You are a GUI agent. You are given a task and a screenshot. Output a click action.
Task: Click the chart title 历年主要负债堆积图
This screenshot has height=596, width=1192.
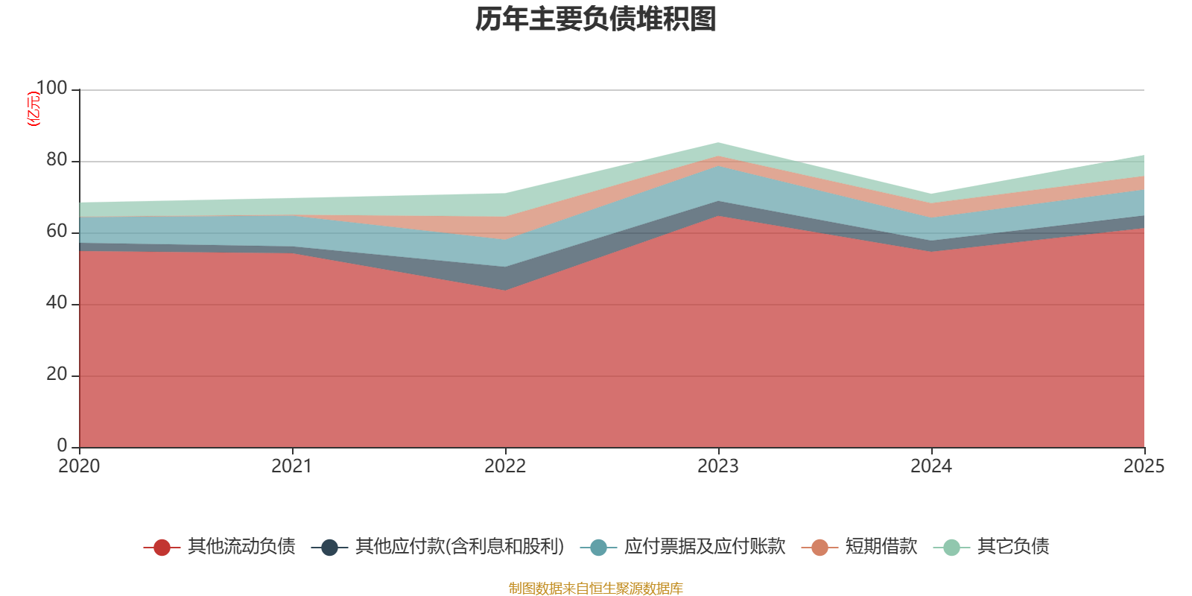595,19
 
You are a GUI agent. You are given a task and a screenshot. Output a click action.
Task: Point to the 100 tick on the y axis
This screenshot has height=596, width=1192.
51,89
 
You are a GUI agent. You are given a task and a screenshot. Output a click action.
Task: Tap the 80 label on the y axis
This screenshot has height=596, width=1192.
57,160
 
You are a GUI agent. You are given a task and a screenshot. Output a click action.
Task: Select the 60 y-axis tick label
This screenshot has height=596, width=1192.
57,232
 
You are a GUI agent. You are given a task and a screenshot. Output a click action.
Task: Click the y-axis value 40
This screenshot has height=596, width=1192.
57,303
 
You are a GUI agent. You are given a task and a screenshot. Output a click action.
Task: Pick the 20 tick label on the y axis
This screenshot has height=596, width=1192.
57,375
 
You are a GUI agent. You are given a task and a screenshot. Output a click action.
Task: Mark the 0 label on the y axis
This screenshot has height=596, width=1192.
63,446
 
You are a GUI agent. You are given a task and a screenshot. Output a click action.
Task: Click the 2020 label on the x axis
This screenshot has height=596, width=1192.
79,466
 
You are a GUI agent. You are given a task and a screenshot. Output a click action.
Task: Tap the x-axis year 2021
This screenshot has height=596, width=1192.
292,466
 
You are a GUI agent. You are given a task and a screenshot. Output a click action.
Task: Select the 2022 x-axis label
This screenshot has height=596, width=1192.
505,466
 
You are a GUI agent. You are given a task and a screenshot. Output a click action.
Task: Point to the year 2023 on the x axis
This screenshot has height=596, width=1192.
718,466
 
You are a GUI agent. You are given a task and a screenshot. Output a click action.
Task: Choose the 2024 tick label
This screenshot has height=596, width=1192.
931,466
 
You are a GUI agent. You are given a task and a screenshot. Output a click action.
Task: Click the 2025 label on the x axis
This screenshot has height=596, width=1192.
1144,466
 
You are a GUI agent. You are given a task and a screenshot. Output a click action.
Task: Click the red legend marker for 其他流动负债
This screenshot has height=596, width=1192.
162,548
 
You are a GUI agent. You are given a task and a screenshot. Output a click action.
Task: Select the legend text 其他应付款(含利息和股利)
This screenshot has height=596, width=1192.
460,547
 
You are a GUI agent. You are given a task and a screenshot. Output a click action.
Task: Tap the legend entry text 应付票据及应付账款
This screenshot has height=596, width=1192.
705,547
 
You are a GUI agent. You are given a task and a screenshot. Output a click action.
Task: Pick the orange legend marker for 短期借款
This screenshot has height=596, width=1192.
819,548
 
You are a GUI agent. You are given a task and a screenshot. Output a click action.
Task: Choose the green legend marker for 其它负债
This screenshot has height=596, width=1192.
951,548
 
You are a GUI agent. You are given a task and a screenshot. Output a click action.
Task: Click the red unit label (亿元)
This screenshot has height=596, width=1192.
34,109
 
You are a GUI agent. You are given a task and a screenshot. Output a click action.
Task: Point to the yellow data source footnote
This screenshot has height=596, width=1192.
595,589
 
